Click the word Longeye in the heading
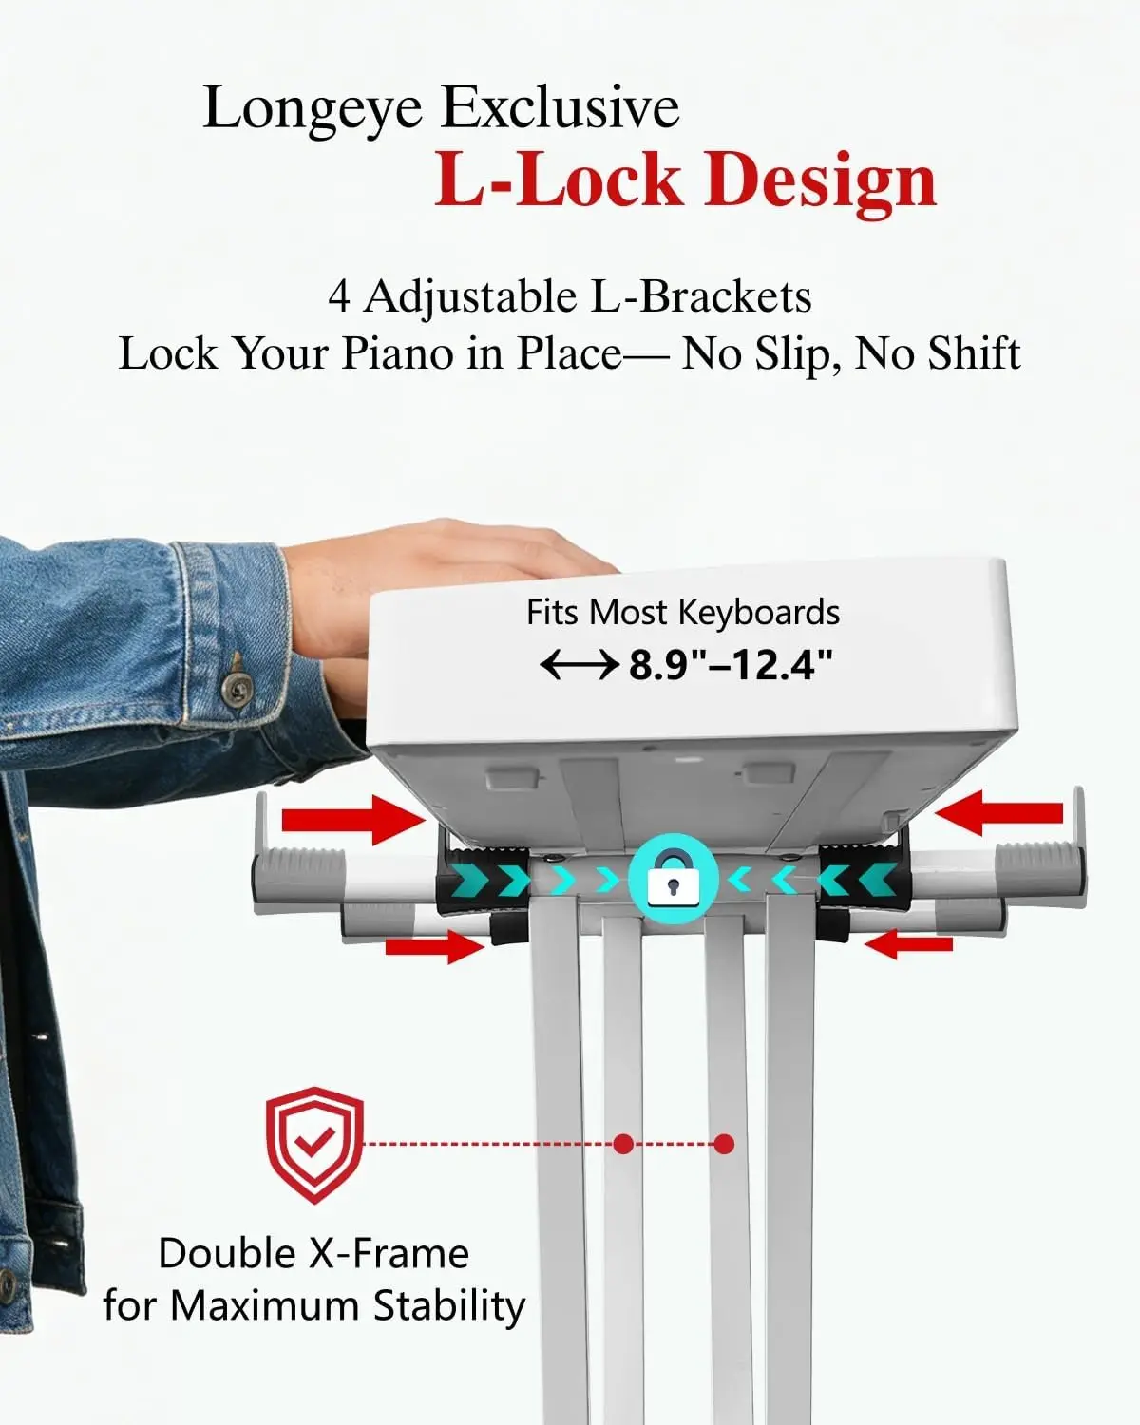[x=313, y=110]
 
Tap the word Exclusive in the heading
[x=560, y=106]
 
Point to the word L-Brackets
[x=701, y=296]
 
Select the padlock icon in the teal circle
[x=673, y=879]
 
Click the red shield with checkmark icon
[x=314, y=1145]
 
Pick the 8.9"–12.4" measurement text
[x=730, y=664]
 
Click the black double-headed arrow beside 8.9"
[x=579, y=664]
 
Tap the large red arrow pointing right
[x=353, y=821]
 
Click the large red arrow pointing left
[x=998, y=812]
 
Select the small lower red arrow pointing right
[x=434, y=946]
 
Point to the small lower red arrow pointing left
[x=909, y=943]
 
